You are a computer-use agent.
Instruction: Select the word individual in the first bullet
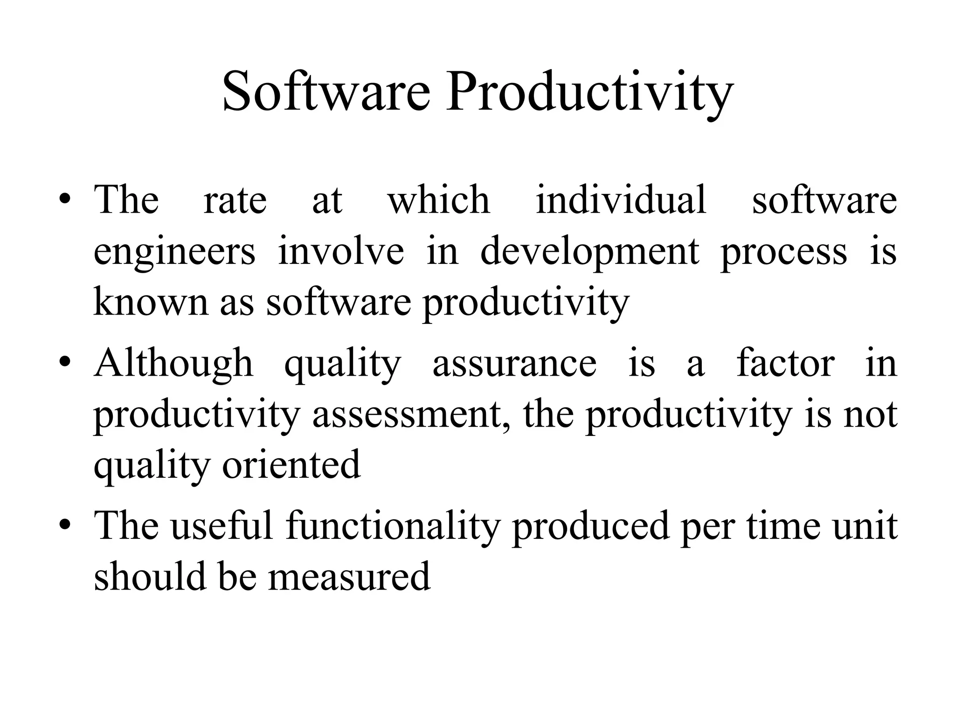tap(621, 200)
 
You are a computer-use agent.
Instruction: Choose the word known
tap(151, 302)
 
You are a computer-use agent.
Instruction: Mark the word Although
tap(173, 364)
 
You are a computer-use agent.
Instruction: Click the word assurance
tap(514, 364)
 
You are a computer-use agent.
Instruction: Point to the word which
tap(439, 200)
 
